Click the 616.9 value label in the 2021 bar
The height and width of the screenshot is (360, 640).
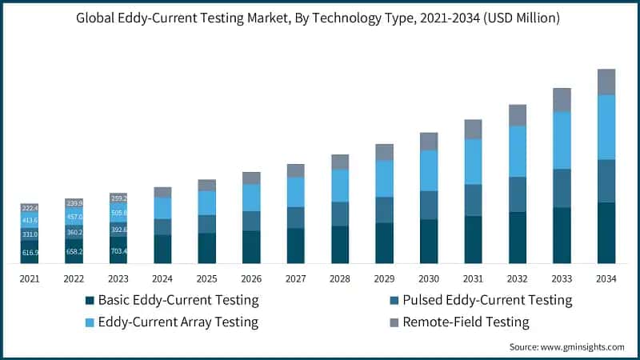(30, 252)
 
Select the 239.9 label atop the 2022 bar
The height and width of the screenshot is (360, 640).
(74, 203)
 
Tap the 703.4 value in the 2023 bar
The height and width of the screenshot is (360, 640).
(118, 250)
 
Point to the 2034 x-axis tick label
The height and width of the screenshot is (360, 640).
(606, 278)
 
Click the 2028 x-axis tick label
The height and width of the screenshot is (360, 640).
(340, 278)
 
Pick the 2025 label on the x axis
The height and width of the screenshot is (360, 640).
(207, 278)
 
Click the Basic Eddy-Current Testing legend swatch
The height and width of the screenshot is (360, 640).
(90, 301)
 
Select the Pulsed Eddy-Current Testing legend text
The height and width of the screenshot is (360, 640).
(488, 300)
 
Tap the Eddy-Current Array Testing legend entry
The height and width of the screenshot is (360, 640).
(178, 322)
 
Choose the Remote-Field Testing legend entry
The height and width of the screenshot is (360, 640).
(466, 322)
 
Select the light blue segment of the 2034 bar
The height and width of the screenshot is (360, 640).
(606, 126)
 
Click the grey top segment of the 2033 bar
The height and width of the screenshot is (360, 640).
(562, 99)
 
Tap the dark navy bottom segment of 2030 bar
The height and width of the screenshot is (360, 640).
(429, 241)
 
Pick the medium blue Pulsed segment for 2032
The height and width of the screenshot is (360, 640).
(518, 194)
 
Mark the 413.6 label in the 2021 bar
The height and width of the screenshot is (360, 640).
(30, 220)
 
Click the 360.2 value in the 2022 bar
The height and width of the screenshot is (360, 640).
(74, 232)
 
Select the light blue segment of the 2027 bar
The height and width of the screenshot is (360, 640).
(296, 191)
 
